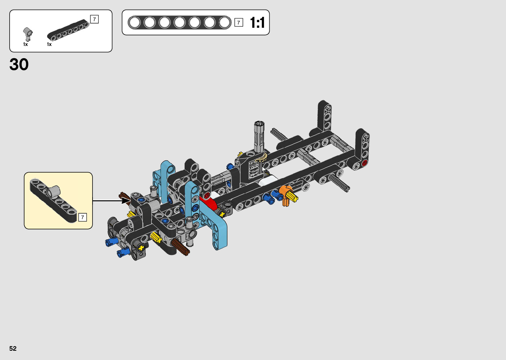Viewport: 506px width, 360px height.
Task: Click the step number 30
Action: pos(19,64)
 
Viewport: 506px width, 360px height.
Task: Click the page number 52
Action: pos(13,348)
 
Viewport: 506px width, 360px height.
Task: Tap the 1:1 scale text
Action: pos(257,22)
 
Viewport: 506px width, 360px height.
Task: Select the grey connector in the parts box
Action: pos(28,34)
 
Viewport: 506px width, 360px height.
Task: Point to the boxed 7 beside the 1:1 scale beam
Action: pos(239,22)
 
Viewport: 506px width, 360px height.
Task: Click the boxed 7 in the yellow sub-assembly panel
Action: pos(82,217)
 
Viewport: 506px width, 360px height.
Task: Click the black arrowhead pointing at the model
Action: pos(126,200)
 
